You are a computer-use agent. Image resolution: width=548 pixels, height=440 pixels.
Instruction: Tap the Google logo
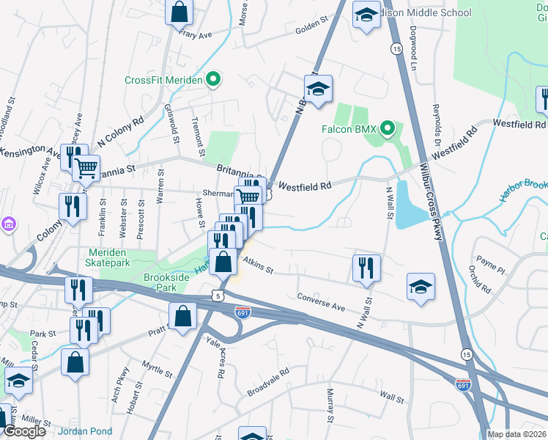(24, 430)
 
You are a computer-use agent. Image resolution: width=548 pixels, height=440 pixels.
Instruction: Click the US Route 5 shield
(218, 295)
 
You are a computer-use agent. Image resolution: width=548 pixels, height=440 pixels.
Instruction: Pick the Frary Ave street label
(194, 34)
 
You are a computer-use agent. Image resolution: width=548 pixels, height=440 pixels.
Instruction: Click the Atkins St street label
(257, 270)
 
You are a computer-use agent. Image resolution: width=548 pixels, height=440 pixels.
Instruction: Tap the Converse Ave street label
(320, 301)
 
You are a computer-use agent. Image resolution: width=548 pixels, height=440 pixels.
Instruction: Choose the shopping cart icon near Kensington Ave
(86, 168)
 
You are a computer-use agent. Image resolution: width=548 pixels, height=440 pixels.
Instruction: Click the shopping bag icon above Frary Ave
(178, 12)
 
